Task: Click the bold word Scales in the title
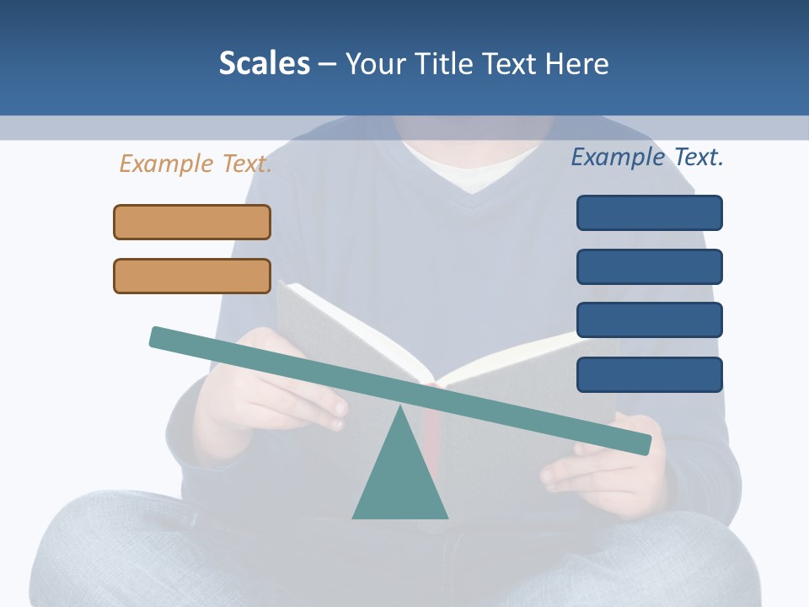264,63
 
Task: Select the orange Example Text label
196,164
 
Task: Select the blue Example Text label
647,157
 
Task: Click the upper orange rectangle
192,223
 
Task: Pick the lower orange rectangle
192,277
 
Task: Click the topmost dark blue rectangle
649,212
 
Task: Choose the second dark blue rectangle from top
649,266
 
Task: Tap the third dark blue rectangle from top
649,320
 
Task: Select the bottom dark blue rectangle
649,374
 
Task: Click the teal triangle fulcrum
399,481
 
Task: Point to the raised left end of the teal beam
160,336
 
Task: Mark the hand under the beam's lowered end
590,472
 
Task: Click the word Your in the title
376,63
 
